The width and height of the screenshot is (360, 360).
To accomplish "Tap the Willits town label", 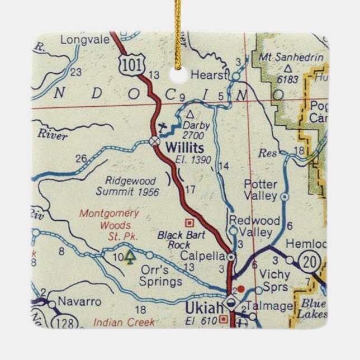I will (x=185, y=148).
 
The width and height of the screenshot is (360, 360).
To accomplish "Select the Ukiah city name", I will (x=203, y=308).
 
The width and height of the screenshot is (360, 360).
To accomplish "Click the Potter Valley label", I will (x=260, y=190).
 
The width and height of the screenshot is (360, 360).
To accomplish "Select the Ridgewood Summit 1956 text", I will (x=127, y=186).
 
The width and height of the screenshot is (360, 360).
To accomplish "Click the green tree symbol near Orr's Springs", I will (x=130, y=257).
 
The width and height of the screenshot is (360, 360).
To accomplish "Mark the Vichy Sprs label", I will (x=274, y=281).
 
